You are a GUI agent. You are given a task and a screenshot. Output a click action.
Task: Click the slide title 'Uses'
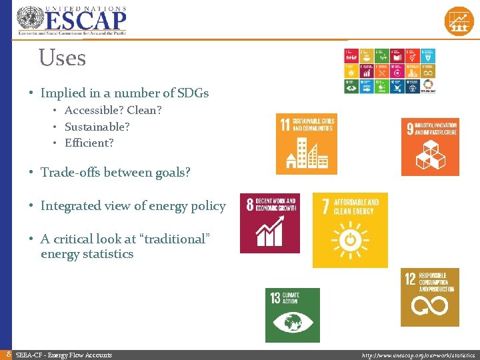[62, 58]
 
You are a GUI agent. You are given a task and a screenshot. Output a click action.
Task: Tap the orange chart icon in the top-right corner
[459, 21]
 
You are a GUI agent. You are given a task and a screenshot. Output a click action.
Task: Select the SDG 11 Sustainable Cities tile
[306, 143]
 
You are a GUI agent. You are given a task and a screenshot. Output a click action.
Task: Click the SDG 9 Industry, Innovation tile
[430, 147]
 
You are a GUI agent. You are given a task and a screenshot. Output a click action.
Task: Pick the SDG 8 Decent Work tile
[269, 223]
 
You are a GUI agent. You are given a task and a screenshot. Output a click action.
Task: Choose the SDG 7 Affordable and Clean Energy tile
[350, 230]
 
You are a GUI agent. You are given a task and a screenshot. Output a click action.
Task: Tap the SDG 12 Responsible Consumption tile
[430, 297]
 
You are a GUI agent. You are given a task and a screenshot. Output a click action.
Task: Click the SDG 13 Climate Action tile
[292, 315]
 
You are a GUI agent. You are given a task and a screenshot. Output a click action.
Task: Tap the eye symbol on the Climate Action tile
[292, 323]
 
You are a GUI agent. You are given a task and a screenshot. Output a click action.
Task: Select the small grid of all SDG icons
[389, 70]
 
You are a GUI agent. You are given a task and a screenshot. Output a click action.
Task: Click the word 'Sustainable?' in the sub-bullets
[97, 127]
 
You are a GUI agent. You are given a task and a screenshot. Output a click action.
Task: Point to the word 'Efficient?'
[89, 143]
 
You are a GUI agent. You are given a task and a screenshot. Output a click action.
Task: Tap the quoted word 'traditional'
[167, 238]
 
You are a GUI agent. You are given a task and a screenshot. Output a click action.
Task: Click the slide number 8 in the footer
[7, 355]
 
